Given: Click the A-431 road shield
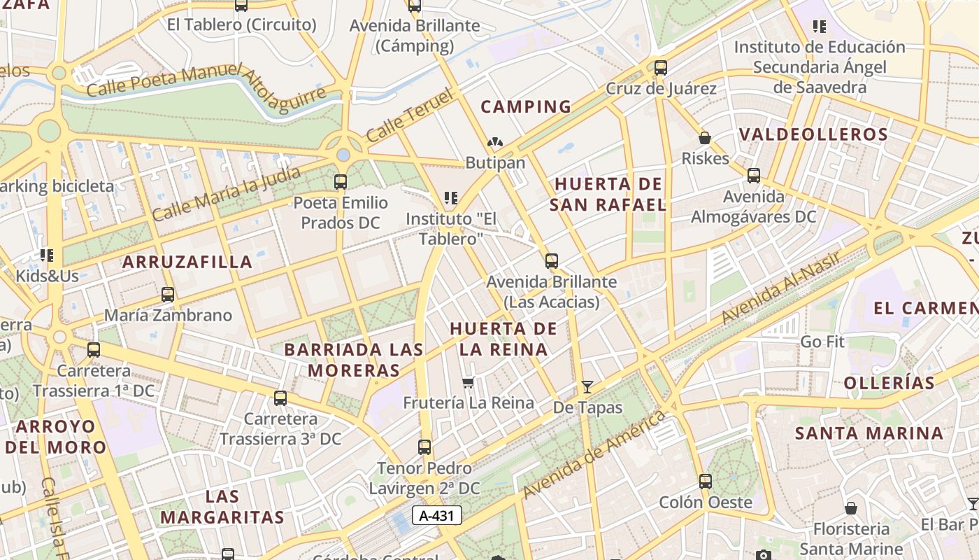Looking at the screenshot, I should click(437, 516).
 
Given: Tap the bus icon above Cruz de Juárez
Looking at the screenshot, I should click(661, 68).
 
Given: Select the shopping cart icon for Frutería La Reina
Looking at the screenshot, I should click(469, 382).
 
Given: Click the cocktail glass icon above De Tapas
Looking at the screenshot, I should click(587, 386).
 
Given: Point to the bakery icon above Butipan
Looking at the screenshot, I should click(495, 143).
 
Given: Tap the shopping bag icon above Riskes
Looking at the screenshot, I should click(705, 138).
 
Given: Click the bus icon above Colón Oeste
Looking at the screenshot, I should click(706, 482).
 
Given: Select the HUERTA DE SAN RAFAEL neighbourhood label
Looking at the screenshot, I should click(607, 195).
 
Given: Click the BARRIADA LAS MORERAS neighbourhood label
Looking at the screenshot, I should click(354, 360).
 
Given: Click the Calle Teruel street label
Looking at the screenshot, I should click(400, 115).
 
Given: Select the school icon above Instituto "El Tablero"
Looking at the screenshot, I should click(451, 198).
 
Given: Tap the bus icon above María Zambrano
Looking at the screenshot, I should click(168, 295).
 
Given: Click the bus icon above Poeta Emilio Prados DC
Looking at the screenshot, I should click(341, 182).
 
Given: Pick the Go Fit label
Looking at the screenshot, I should click(822, 342).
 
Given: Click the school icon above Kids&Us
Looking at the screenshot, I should click(47, 255).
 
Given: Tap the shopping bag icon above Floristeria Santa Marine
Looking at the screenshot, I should click(851, 508).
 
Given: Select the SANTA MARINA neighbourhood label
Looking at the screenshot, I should click(869, 433).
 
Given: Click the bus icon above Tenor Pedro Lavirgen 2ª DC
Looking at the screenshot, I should click(424, 447).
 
